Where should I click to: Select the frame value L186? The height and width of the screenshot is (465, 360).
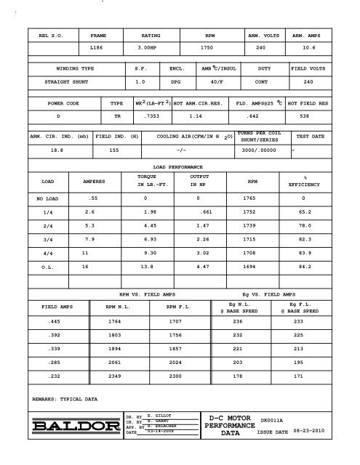coord(97,47)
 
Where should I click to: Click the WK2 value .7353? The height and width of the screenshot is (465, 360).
coord(151,116)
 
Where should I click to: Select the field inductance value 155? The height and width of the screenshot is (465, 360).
coord(113,152)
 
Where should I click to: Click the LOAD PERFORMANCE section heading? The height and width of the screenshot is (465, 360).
coord(178,168)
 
